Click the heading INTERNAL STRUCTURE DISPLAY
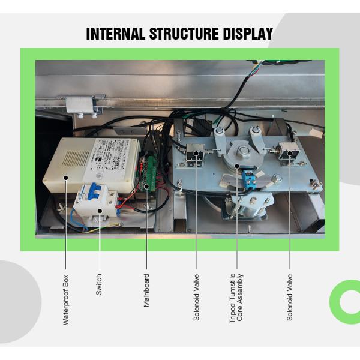pos(179,34)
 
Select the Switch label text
pos(99,284)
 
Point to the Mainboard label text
pos(146,291)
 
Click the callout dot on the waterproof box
pos(65,176)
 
